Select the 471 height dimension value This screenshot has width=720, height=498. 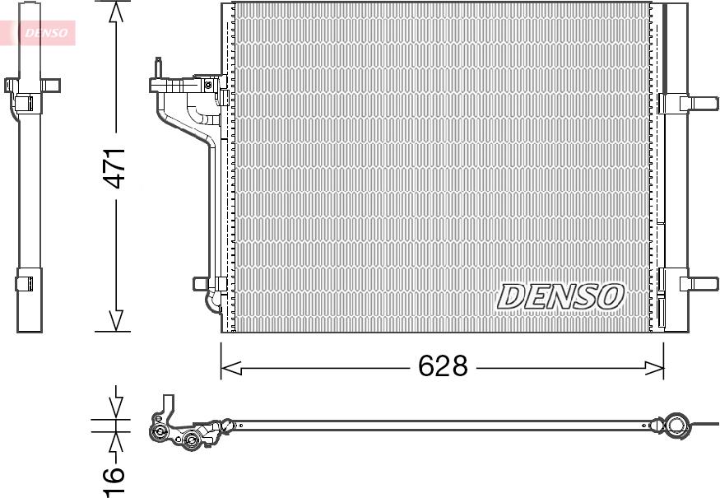pos(115,169)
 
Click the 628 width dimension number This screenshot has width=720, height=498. pos(442,366)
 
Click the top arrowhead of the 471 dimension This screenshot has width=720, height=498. pos(116,12)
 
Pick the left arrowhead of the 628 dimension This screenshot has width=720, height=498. pos(231,367)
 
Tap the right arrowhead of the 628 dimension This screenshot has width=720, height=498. pos(653,367)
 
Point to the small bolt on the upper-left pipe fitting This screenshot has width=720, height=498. pos(209,83)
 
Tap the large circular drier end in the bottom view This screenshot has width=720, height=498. pos(676,426)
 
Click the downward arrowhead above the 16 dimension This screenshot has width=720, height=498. pos(116,407)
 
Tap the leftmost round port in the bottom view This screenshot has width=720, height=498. pos(158,432)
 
